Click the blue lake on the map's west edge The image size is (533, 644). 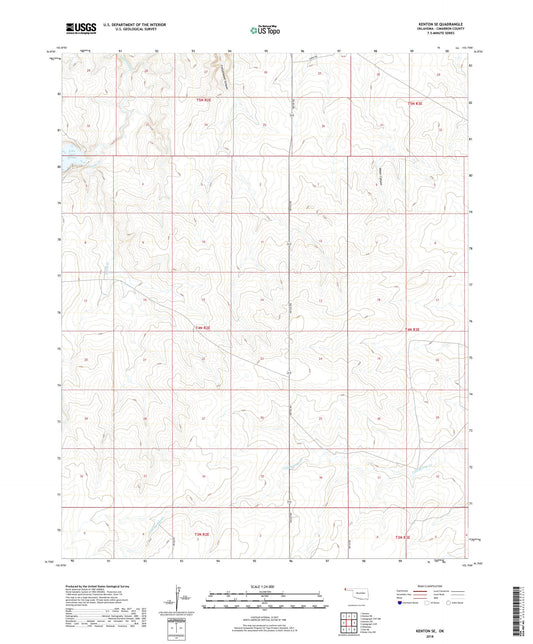tap(69, 155)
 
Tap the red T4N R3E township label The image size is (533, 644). tap(414, 328)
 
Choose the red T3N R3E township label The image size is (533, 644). tap(402, 538)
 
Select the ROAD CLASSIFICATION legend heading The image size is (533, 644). tap(431, 587)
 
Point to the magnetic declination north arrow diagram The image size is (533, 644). tap(180, 600)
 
